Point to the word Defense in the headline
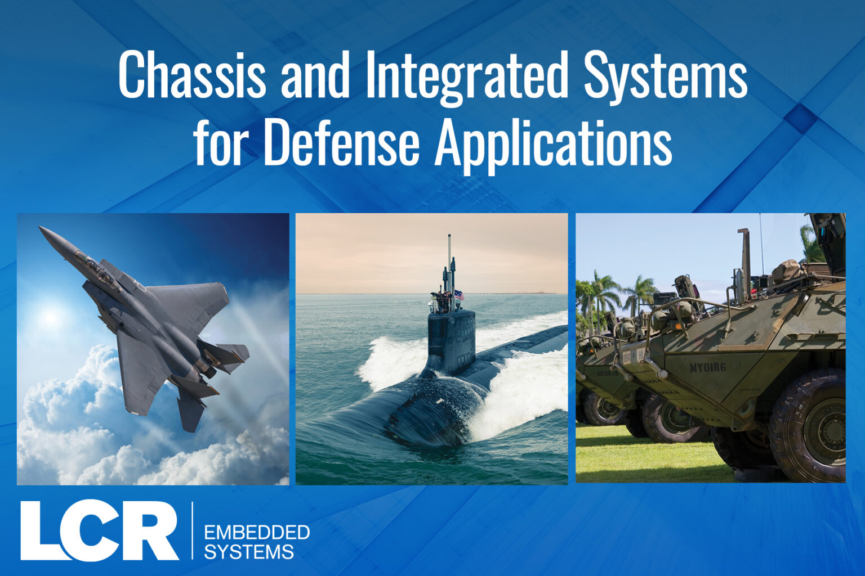[341, 143]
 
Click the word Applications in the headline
[554, 147]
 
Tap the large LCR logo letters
[100, 530]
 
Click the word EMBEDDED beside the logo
[257, 533]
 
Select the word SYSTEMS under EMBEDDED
[249, 552]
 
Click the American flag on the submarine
[459, 295]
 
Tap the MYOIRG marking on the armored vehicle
[707, 367]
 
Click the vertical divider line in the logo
[192, 530]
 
